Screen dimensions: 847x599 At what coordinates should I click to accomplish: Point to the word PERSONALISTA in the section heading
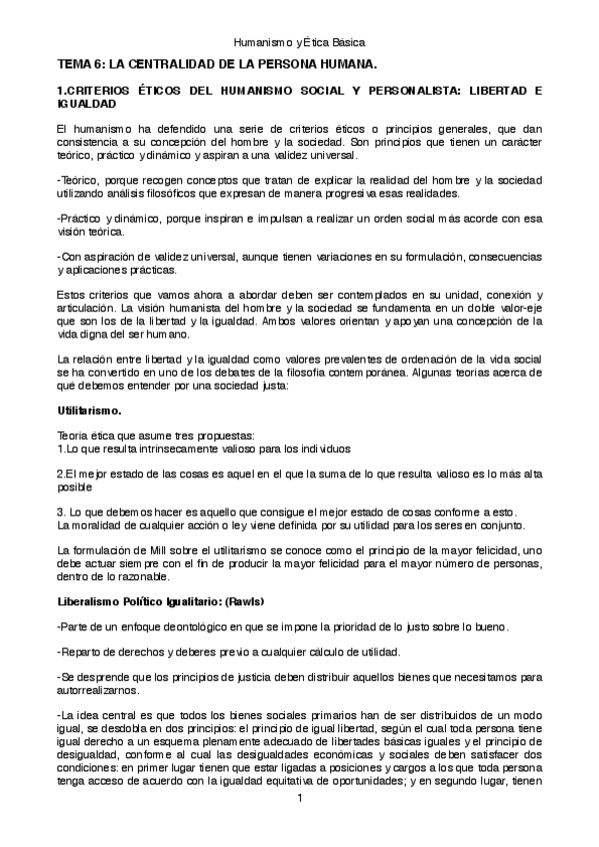[x=405, y=91]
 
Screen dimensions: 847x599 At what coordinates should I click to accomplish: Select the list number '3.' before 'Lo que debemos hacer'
[x=61, y=511]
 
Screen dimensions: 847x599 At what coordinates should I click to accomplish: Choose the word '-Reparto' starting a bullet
[x=78, y=652]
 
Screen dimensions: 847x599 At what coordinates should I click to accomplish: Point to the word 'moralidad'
[x=98, y=524]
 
